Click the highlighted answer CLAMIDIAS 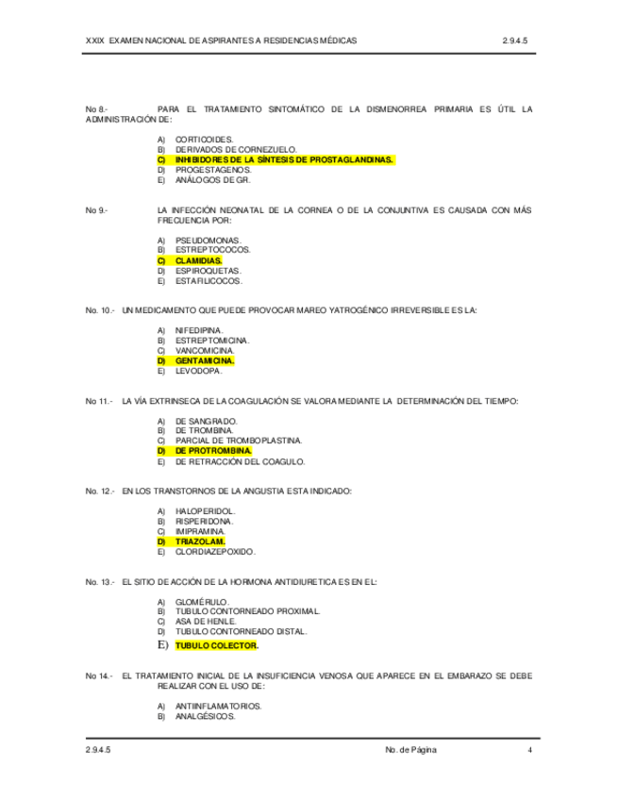click(x=198, y=260)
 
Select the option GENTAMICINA click(x=205, y=360)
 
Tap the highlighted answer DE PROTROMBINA click(x=213, y=451)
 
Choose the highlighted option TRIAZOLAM click(x=200, y=542)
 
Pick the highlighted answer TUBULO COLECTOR click(x=217, y=646)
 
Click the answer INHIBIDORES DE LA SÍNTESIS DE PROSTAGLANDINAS click(x=284, y=160)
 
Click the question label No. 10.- click(x=99, y=310)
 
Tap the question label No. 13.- click(x=99, y=581)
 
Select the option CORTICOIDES click(x=203, y=140)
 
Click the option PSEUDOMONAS click(x=208, y=240)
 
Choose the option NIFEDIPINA click(x=199, y=330)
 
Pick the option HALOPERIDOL click(x=206, y=511)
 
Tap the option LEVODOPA click(x=199, y=371)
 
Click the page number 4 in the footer click(x=529, y=750)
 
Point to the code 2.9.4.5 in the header click(x=519, y=42)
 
